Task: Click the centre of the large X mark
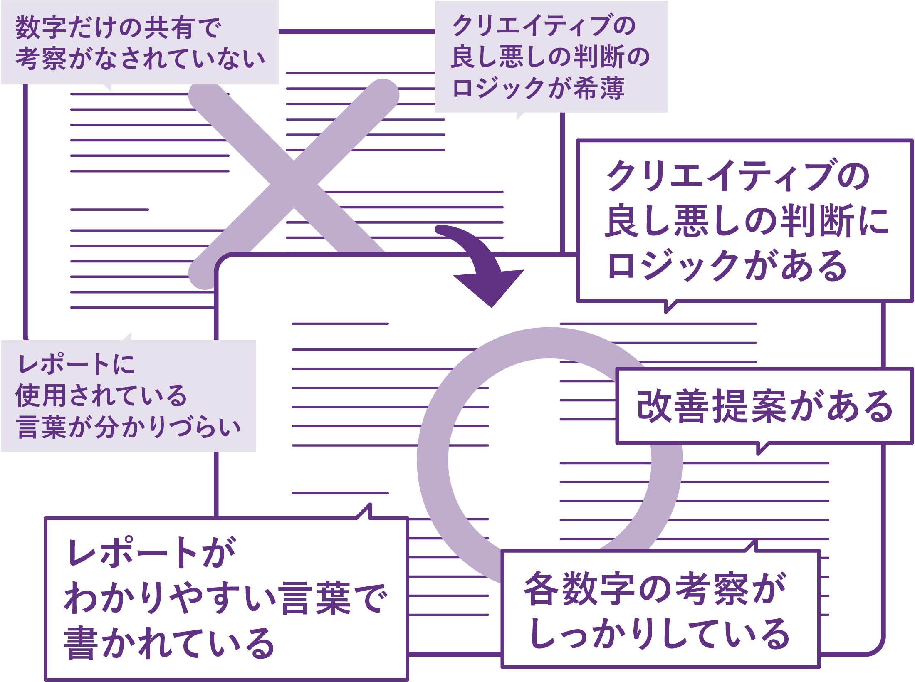pos(294,184)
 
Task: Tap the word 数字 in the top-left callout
pos(40,28)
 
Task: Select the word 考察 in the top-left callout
pos(40,59)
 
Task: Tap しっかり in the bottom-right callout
pos(595,634)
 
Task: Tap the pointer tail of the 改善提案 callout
pos(761,448)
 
